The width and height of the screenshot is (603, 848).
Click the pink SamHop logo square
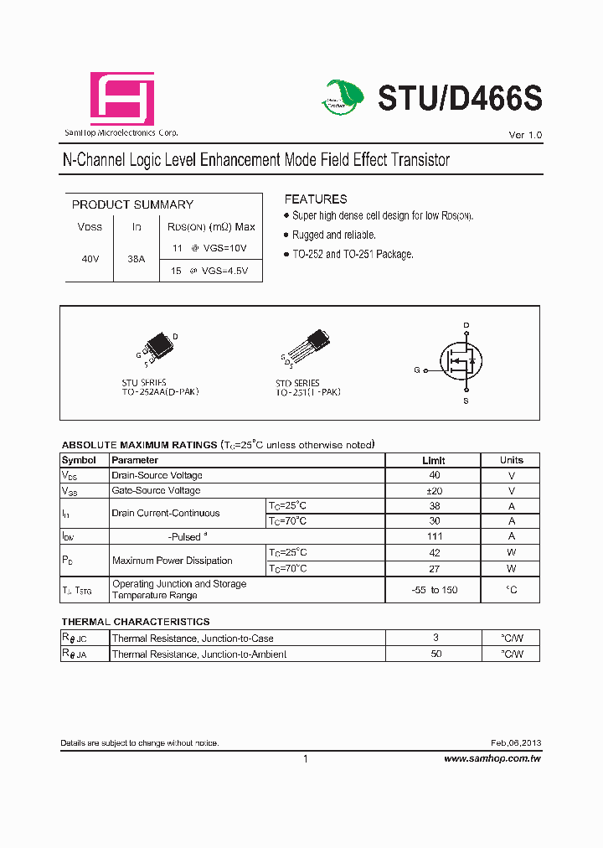122,99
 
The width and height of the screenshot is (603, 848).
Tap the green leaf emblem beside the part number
343,97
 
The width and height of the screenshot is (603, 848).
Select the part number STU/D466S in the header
460,99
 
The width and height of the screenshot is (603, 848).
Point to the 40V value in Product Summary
90,260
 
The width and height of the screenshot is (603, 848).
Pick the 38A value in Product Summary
136,260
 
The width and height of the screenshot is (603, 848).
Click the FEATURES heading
315,199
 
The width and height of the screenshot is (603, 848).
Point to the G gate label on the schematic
417,370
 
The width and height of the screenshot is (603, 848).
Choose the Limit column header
433,460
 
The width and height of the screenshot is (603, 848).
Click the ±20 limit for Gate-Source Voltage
434,491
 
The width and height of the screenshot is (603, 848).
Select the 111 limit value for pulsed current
435,536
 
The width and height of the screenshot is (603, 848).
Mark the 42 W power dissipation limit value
435,552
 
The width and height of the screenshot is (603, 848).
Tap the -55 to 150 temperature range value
435,590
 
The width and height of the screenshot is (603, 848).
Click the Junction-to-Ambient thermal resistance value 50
435,654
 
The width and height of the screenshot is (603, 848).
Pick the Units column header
511,460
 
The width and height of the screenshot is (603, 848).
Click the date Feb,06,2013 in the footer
516,744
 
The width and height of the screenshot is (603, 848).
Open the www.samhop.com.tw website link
492,758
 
